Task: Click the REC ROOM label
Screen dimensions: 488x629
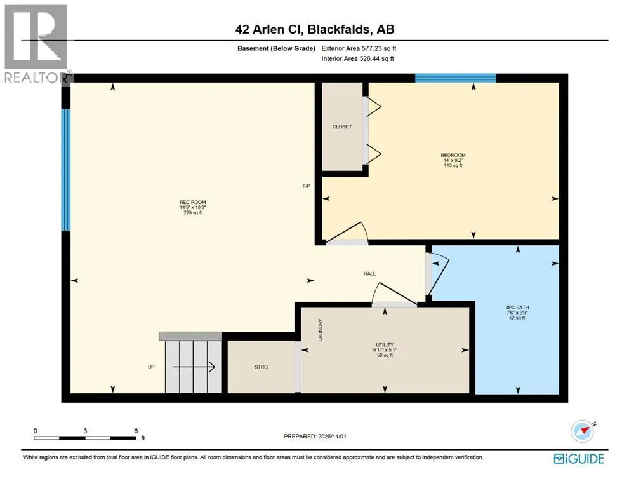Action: [x=193, y=203]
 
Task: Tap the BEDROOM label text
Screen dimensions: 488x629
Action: [x=453, y=155]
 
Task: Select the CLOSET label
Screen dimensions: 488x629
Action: [x=341, y=126]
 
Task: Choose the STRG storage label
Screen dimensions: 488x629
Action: [x=261, y=367]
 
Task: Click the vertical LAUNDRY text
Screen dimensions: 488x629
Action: [x=321, y=330]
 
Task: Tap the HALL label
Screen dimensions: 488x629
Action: [x=369, y=274]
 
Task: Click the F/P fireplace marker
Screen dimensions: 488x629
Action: [x=307, y=186]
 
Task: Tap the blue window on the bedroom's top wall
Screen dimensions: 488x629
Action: [x=455, y=78]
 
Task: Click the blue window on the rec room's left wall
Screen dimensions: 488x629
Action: [x=65, y=170]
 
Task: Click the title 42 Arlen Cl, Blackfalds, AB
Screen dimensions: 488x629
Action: [x=315, y=29]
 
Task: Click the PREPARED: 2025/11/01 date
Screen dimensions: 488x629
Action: [x=315, y=437]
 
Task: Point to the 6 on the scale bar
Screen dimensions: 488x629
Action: [x=136, y=430]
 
